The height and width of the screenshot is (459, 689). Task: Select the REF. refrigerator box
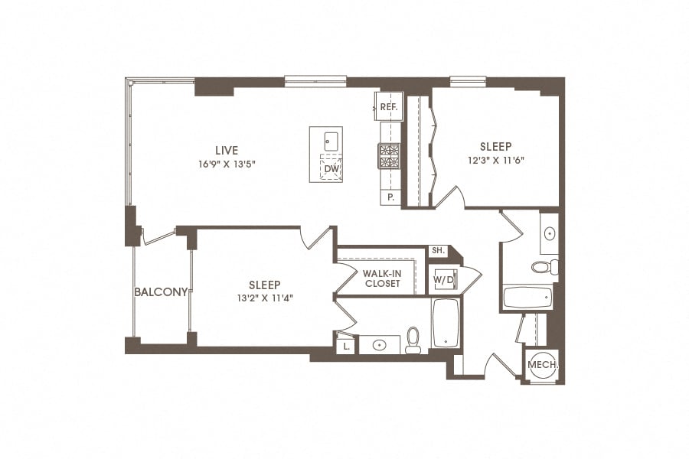[x=388, y=107]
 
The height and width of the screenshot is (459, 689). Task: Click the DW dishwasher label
[x=331, y=168]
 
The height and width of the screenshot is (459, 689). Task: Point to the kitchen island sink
[x=331, y=140]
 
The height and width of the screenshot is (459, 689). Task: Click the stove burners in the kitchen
[x=389, y=155]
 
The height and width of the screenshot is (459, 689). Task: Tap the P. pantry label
[x=390, y=197]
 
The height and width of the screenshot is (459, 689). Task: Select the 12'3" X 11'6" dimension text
[x=495, y=161]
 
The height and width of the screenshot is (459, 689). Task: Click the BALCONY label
[x=161, y=291]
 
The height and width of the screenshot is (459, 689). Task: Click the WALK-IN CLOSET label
[x=381, y=278]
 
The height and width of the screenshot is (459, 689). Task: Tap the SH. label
[x=438, y=251]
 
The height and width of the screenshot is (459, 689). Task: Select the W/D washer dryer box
[x=443, y=280]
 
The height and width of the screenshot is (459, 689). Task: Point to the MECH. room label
[x=543, y=365]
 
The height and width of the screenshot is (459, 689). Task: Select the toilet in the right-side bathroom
[x=545, y=267]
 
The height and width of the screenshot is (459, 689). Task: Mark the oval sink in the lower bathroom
[x=380, y=345]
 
